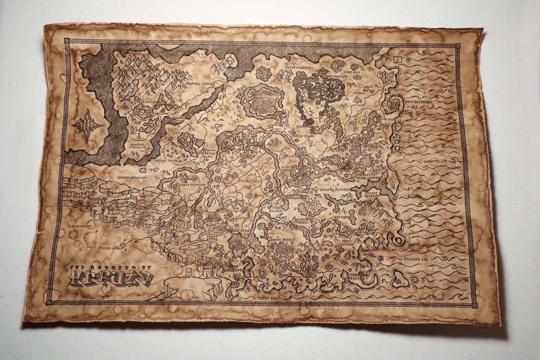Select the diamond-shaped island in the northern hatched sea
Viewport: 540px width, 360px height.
tap(230, 60)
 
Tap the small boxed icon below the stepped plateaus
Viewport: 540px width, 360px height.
tap(188, 271)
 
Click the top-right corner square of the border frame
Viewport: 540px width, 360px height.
tap(457, 46)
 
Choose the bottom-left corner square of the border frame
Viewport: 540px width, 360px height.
tap(48, 302)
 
